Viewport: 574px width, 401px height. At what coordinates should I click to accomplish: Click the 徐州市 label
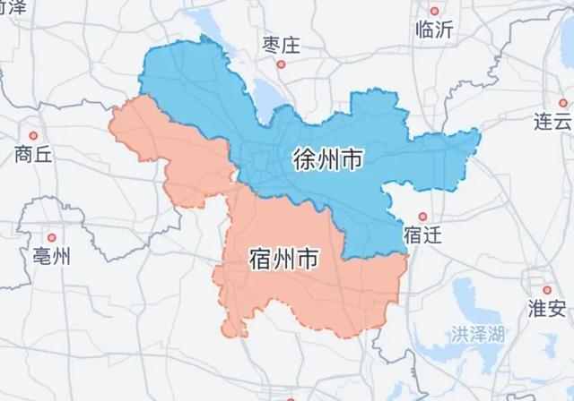(327, 160)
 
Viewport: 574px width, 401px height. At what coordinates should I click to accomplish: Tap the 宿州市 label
(281, 260)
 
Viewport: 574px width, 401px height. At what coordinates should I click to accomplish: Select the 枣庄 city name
(280, 44)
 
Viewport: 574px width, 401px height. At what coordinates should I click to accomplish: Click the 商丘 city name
(33, 153)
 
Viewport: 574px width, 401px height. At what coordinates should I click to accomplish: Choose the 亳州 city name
(50, 257)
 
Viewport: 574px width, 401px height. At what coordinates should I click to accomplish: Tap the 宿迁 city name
(422, 235)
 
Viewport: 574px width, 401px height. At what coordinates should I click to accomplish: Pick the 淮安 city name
(547, 310)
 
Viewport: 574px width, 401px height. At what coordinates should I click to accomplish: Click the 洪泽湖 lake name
(476, 337)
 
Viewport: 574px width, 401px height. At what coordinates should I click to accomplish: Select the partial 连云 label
(552, 122)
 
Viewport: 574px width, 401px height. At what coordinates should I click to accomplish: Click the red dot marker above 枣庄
(281, 64)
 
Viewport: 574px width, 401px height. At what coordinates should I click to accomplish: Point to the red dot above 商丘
(33, 133)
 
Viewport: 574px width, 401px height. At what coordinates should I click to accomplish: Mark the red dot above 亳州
(51, 237)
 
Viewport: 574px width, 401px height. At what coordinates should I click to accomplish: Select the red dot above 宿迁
(422, 216)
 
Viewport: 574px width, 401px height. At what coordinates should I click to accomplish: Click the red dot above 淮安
(546, 290)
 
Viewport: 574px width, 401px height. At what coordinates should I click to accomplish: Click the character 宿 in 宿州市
(257, 260)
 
